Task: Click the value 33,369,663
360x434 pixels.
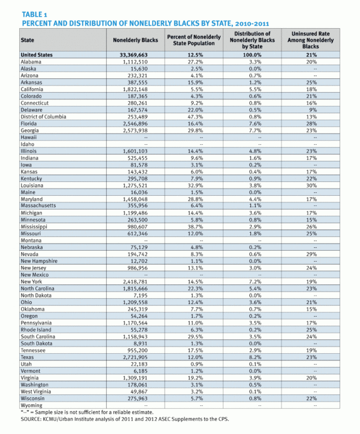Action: [x=135, y=55]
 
